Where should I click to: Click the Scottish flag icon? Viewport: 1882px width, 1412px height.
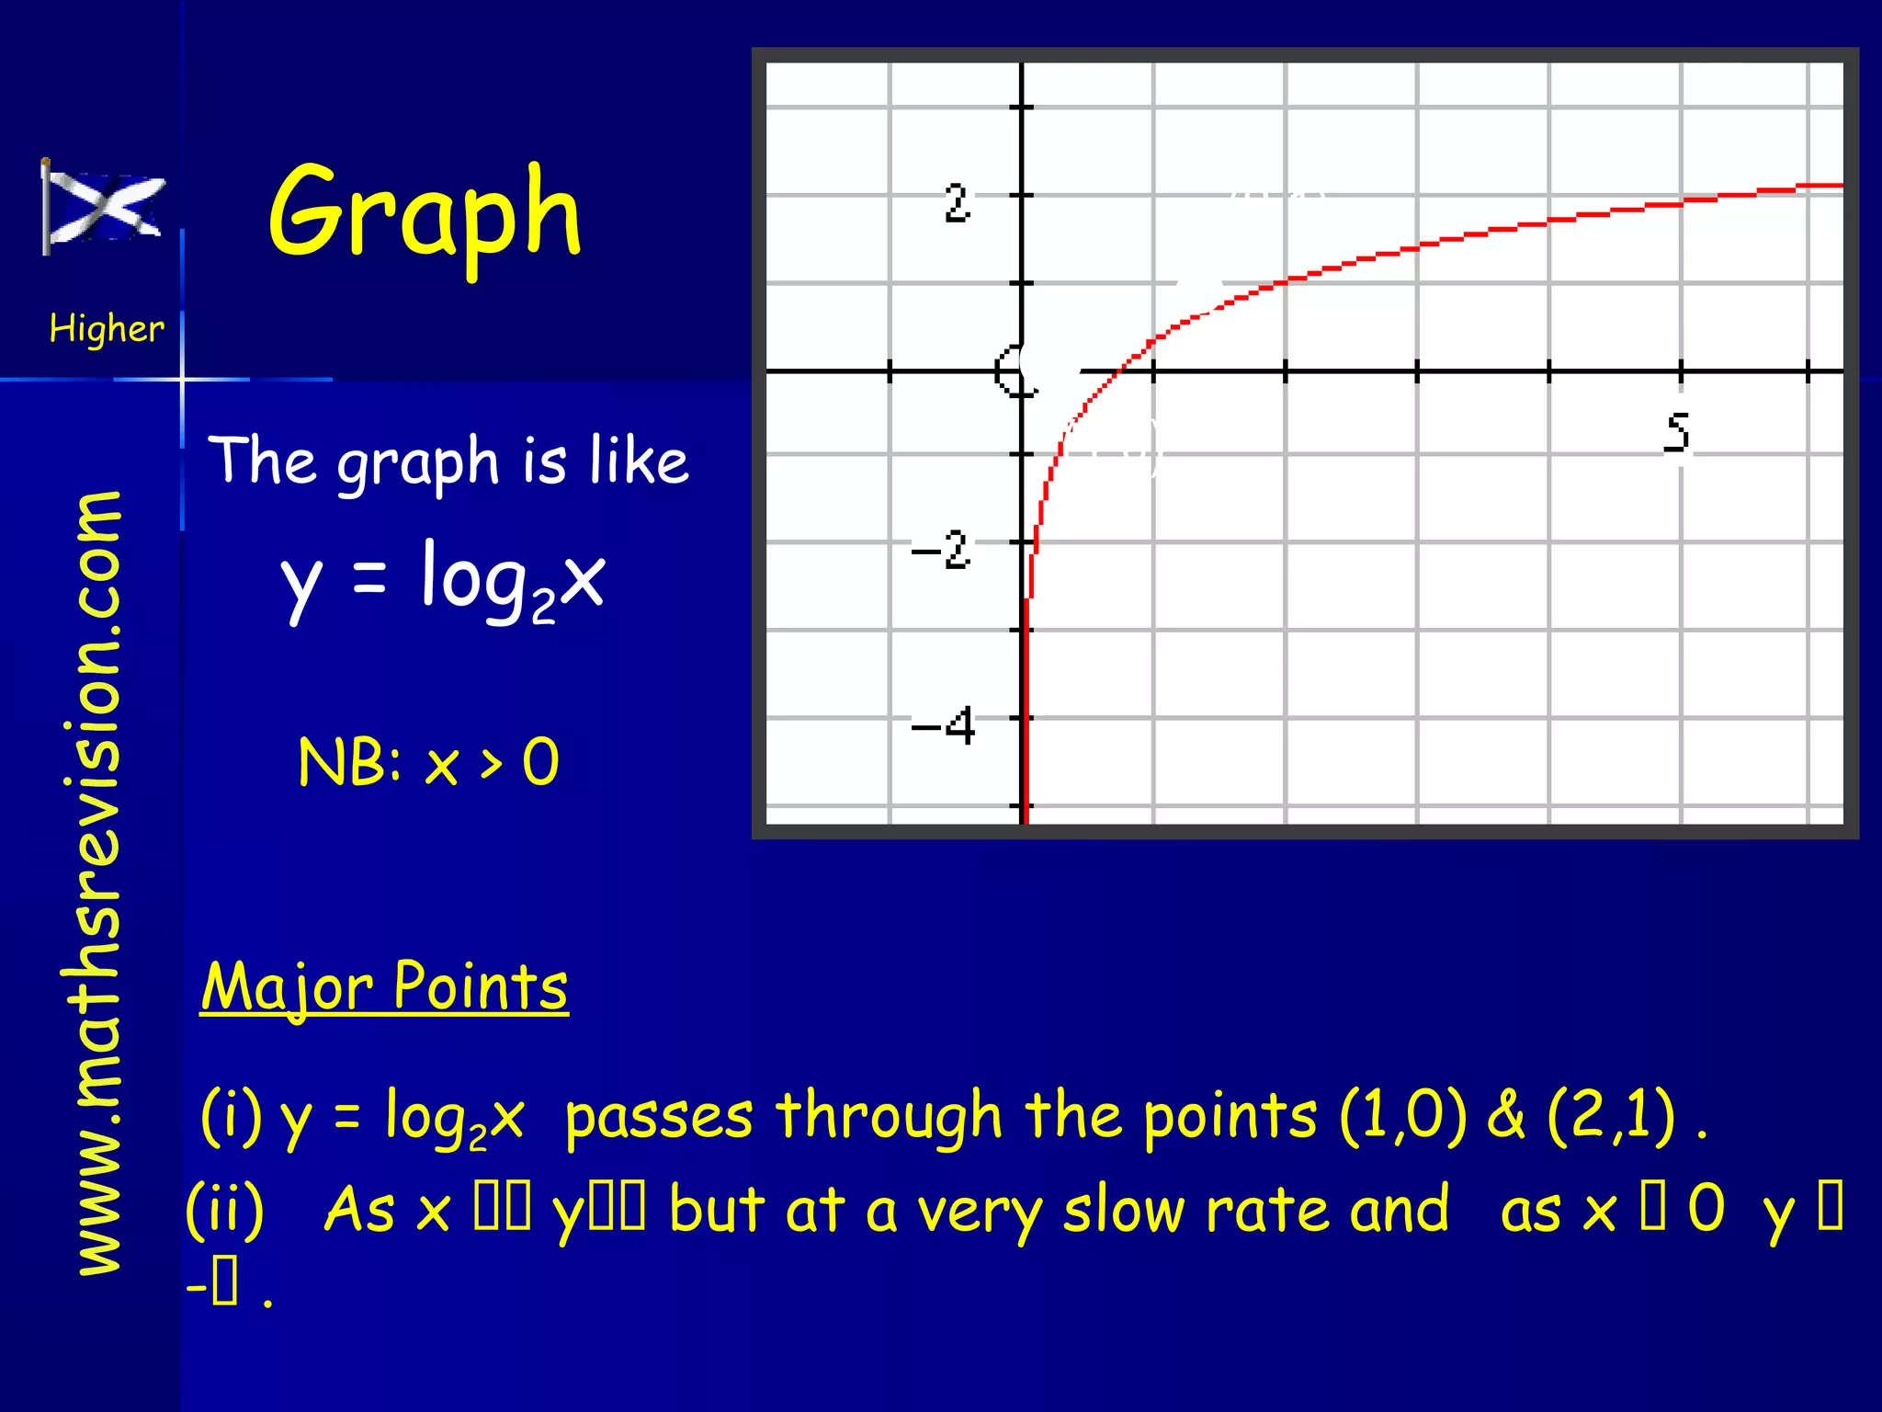click(x=104, y=208)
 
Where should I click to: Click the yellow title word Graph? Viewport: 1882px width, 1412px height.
click(x=425, y=212)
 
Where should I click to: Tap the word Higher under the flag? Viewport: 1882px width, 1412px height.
click(x=107, y=328)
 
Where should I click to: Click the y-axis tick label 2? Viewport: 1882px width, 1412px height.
click(x=957, y=203)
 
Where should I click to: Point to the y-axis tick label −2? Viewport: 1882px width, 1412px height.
click(x=941, y=551)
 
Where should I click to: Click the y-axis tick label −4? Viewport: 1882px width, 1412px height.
click(x=943, y=726)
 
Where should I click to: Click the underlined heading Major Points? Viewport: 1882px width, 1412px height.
click(x=384, y=986)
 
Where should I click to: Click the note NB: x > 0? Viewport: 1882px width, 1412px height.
click(x=428, y=762)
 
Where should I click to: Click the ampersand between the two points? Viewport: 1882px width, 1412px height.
click(x=1505, y=1115)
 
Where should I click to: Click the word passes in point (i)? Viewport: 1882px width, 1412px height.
click(x=659, y=1117)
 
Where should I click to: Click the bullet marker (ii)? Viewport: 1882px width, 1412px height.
click(x=225, y=1209)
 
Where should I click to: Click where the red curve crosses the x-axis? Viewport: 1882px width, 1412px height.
click(x=1118, y=370)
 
